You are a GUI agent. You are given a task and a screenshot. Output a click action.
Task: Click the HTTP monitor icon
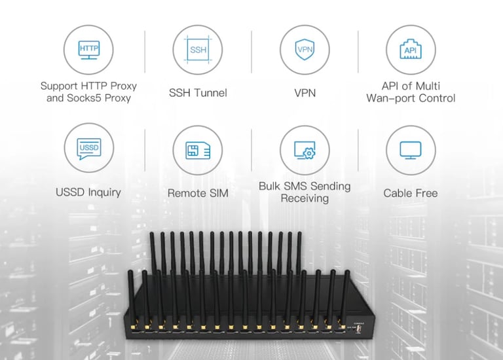(88, 49)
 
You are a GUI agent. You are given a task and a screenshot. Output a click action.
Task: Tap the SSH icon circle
(198, 49)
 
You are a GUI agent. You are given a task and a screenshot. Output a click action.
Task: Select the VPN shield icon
(305, 49)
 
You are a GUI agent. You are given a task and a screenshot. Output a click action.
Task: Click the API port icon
(410, 49)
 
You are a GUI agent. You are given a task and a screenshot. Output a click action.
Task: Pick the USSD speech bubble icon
(88, 149)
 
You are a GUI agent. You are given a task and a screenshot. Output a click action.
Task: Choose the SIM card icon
(198, 149)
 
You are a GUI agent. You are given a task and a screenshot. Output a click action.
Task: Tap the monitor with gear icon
(305, 149)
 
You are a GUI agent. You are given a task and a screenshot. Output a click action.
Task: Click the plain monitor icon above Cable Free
(410, 149)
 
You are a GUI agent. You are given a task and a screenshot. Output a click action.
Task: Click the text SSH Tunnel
(198, 93)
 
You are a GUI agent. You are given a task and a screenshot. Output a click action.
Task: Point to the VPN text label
(305, 93)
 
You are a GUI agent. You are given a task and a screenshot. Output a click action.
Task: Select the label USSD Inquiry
(88, 193)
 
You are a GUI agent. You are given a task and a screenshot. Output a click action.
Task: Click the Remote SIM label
(198, 193)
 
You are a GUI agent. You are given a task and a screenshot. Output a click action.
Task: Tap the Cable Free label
(410, 193)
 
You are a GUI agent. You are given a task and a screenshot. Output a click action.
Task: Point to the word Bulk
(271, 187)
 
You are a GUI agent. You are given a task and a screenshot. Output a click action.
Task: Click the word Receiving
(305, 198)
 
